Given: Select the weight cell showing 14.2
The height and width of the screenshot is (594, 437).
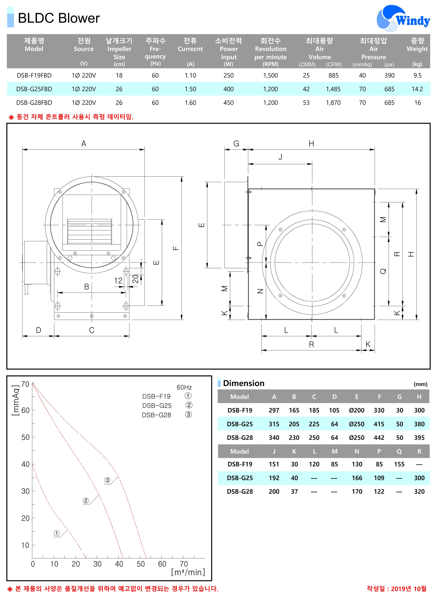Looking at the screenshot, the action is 417,89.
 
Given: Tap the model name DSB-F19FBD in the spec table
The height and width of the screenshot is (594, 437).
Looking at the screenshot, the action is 34,75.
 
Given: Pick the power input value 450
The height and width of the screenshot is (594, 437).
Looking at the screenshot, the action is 229,103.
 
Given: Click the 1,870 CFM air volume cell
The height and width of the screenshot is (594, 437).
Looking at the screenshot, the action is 333,103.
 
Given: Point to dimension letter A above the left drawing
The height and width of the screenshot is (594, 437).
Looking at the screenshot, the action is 84,144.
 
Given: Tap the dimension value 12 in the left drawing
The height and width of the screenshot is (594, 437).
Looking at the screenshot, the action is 118,280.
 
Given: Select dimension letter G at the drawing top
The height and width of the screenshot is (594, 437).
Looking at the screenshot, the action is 236,144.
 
